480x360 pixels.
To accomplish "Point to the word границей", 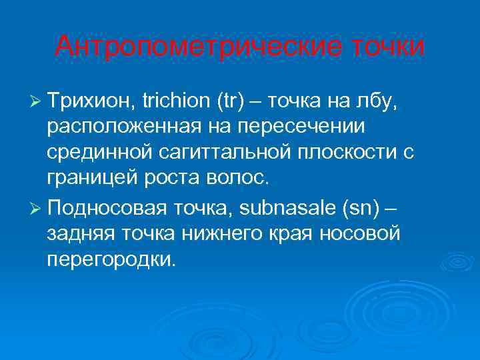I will (87, 179).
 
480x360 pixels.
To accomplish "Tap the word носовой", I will (363, 232).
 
